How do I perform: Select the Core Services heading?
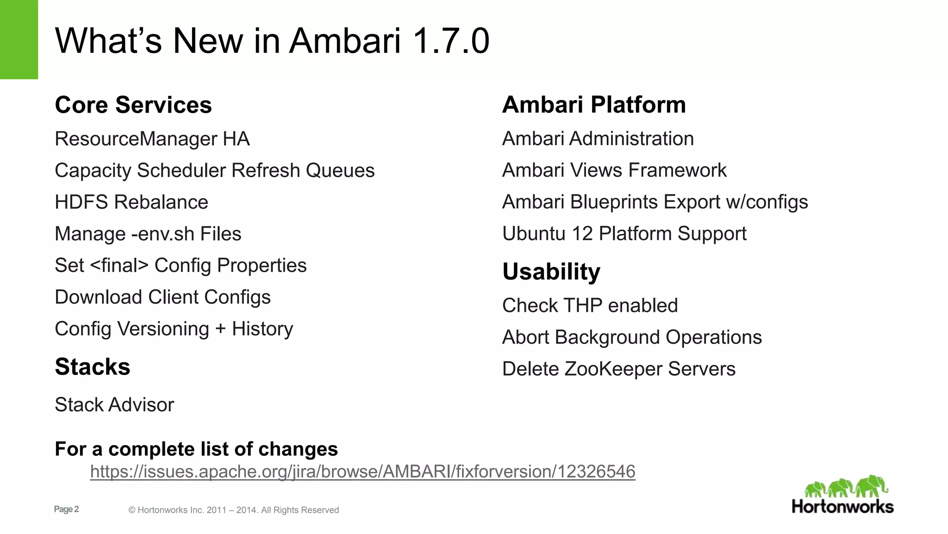pos(133,105)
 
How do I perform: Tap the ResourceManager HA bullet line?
pos(152,139)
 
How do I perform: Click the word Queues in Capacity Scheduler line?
pos(340,171)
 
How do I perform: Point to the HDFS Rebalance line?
pos(131,202)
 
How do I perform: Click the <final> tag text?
pos(119,266)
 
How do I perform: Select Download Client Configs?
pos(162,297)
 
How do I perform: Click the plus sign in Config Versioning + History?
pos(220,329)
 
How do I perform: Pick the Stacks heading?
pos(93,367)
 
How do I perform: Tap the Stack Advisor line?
pos(114,405)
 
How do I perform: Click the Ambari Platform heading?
pos(594,105)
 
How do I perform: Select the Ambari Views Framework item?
pos(614,171)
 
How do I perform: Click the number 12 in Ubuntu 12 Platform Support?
pos(582,234)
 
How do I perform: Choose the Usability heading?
pos(551,272)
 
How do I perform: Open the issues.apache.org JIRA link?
pos(362,471)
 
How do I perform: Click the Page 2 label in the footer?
pos(66,509)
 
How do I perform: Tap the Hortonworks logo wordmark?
pos(842,507)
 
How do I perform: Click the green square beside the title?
pos(19,39)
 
